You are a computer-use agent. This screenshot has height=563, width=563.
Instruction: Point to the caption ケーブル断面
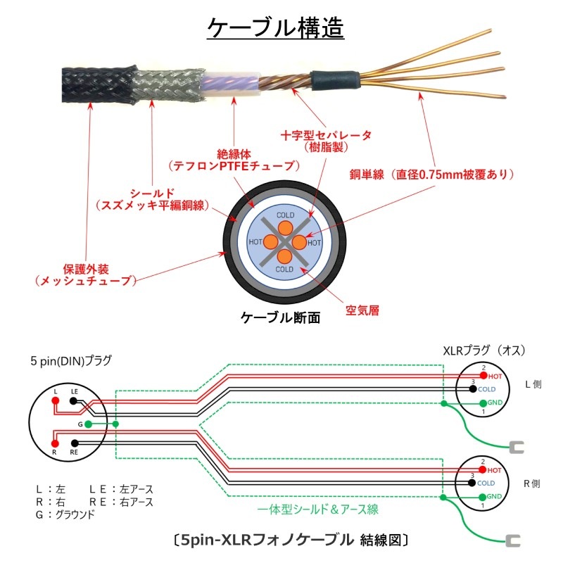pyautogui.click(x=281, y=318)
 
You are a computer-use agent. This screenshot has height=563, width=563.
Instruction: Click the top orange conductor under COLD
pyautogui.click(x=284, y=227)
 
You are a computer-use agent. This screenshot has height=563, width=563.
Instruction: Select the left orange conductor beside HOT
pyautogui.click(x=271, y=242)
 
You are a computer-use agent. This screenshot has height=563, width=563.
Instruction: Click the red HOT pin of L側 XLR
pyautogui.click(x=483, y=376)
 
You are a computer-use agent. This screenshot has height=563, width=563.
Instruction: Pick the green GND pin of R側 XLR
pyautogui.click(x=483, y=497)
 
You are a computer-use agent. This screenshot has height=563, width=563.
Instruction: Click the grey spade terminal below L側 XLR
pyautogui.click(x=516, y=446)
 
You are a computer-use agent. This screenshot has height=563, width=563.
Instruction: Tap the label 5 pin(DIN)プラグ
pyautogui.click(x=70, y=361)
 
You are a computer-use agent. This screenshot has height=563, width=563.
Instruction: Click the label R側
pyautogui.click(x=532, y=483)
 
